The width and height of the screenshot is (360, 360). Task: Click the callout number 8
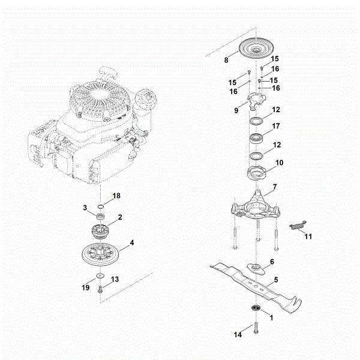(226, 60)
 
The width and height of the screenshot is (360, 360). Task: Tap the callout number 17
(276, 127)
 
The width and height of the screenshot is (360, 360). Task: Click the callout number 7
(274, 187)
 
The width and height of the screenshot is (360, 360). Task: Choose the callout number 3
(86, 207)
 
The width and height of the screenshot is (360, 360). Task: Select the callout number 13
(115, 279)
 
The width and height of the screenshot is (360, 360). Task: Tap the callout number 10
(279, 163)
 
